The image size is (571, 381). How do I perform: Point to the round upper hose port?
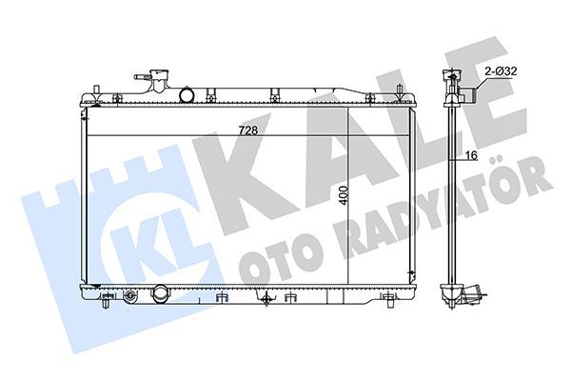pyautogui.click(x=187, y=95)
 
